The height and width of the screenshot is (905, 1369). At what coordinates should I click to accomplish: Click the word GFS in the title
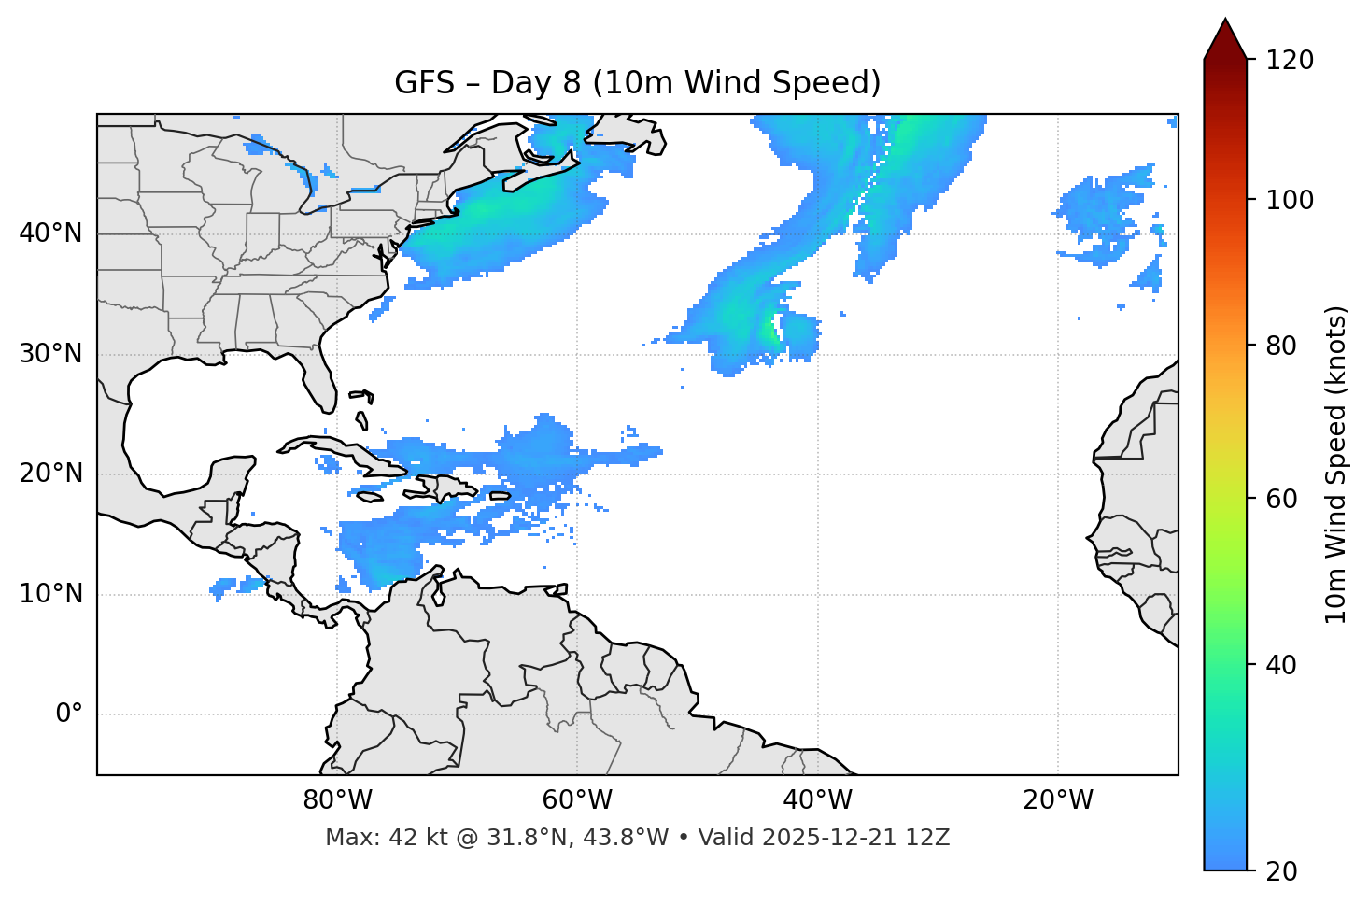pos(424,83)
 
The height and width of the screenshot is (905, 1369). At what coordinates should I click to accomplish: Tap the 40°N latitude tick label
pos(50,233)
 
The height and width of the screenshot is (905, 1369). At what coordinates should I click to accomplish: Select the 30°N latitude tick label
pos(50,354)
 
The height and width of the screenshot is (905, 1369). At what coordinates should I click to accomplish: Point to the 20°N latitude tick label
pos(50,474)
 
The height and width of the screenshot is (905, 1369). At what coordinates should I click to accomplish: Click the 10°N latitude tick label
pos(50,594)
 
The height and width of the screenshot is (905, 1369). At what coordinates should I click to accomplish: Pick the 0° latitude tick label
pos(69,714)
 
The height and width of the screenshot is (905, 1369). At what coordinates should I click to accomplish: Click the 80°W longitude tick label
pos(337,800)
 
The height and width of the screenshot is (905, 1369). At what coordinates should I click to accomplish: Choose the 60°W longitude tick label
pos(577,800)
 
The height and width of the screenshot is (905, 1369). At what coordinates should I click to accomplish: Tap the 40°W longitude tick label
pos(817,800)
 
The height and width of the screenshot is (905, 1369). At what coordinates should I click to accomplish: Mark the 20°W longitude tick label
pos(1057,800)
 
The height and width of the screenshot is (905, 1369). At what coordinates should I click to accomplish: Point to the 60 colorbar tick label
pos(1281,499)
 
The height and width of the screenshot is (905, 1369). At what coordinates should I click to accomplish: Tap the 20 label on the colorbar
pos(1281,871)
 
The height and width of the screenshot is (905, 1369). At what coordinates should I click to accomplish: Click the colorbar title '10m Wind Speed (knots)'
pos(1336,465)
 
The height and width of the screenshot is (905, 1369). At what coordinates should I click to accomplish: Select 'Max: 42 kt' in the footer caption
pos(368,838)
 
